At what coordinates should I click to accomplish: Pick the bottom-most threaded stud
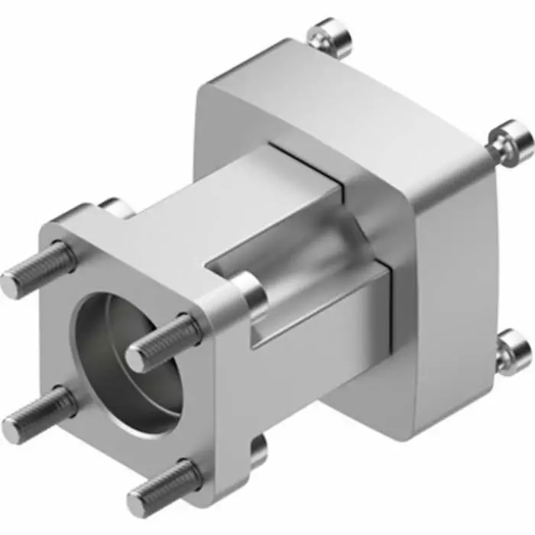tap(164, 488)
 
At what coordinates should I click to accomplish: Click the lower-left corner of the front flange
tap(73, 451)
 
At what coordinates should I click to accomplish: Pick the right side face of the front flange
tap(229, 397)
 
